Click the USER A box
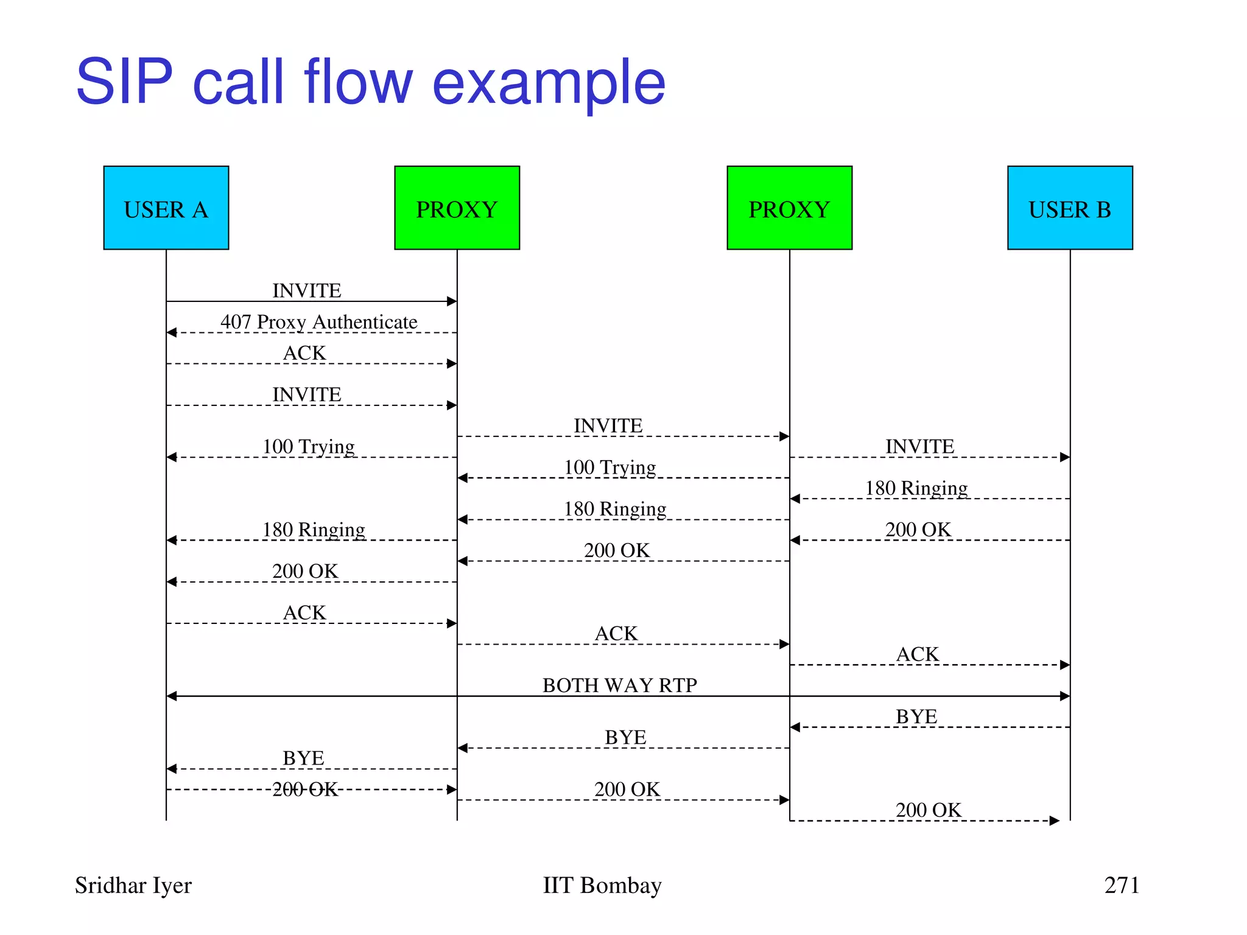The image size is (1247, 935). [x=166, y=208]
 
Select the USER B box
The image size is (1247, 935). [x=1070, y=208]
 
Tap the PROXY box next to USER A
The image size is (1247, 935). [x=457, y=208]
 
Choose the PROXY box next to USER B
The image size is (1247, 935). [x=789, y=208]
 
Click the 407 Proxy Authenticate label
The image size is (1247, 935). [x=319, y=321]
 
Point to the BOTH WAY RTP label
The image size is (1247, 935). [x=619, y=685]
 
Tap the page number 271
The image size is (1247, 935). [x=1122, y=885]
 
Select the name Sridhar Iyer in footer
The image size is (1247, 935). [x=133, y=886]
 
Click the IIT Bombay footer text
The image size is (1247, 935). [x=602, y=886]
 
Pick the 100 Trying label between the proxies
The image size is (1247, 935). [x=610, y=467]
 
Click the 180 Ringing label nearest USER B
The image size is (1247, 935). [x=916, y=488]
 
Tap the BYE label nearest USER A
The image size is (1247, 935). [x=303, y=758]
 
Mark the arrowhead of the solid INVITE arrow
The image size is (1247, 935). [x=452, y=301]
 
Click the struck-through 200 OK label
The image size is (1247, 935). [x=304, y=790]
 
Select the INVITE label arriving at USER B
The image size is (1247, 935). [x=919, y=446]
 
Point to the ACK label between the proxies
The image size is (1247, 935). [x=616, y=634]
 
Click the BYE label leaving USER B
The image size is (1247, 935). [x=916, y=716]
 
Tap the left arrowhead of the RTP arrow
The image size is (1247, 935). [x=171, y=696]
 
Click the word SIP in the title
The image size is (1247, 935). [x=124, y=82]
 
